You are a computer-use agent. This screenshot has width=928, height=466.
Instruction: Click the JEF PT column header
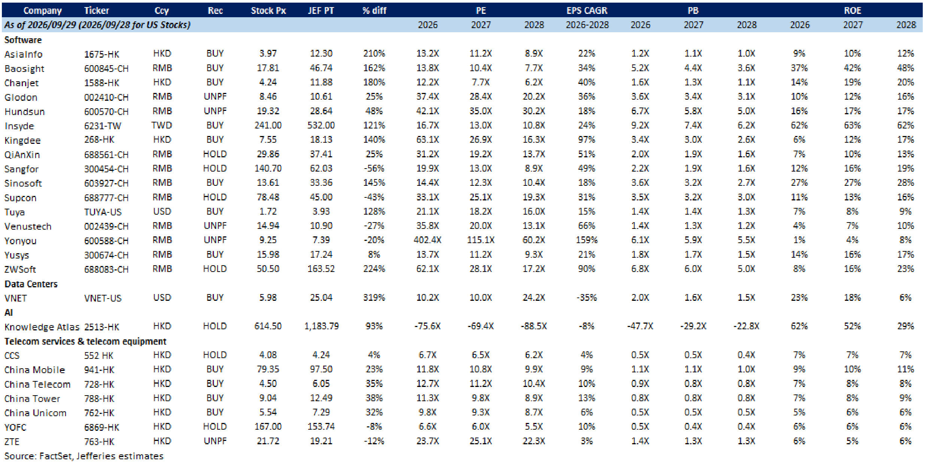[x=321, y=10]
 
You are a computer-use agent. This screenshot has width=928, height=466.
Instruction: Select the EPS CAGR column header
[x=586, y=10]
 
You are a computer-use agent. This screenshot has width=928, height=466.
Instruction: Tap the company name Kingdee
[x=22, y=140]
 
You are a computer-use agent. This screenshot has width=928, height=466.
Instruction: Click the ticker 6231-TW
[x=103, y=126]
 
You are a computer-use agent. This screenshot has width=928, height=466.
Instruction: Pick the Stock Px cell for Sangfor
[x=268, y=169]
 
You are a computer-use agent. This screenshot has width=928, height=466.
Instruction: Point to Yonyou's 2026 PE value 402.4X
[x=427, y=240]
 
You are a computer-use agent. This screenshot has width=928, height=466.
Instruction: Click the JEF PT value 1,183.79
[x=321, y=326]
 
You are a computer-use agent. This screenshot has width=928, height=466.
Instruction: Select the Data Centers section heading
[x=31, y=284]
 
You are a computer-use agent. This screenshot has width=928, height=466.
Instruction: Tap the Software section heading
[x=23, y=40]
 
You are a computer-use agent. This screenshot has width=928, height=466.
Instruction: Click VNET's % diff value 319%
[x=374, y=298]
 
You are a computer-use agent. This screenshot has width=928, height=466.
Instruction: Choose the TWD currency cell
[x=162, y=125]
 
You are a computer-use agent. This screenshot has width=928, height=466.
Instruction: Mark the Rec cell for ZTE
[x=215, y=441]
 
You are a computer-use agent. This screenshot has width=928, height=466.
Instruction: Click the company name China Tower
[x=32, y=399]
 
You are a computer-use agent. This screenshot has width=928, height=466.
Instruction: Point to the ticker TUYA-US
[x=103, y=212]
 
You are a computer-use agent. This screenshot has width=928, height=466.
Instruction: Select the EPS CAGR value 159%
[x=586, y=240]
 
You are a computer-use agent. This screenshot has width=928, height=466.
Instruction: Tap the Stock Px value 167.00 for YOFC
[x=268, y=427]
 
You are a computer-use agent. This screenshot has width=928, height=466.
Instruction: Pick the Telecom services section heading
[x=85, y=341]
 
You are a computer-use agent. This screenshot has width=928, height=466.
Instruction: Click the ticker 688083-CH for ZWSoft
[x=106, y=269]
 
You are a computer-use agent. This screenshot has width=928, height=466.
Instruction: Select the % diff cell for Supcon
[x=374, y=197]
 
